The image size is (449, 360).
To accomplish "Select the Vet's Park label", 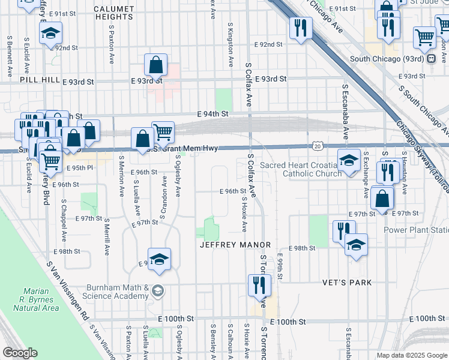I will pyautogui.click(x=363, y=283).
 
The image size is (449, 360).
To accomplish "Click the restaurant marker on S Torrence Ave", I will pyautogui.click(x=260, y=284).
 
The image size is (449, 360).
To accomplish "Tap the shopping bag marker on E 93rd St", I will pyautogui.click(x=155, y=65).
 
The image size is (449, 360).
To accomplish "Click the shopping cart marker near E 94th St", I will pyautogui.click(x=163, y=132).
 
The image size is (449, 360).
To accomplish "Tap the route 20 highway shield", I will pyautogui.click(x=318, y=146).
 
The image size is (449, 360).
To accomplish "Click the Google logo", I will pyautogui.click(x=20, y=353).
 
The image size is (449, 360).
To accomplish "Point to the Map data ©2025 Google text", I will pyautogui.click(x=411, y=355).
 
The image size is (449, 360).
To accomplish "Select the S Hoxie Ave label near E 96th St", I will pyautogui.click(x=244, y=214).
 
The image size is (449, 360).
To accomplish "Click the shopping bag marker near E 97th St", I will pyautogui.click(x=382, y=198).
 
